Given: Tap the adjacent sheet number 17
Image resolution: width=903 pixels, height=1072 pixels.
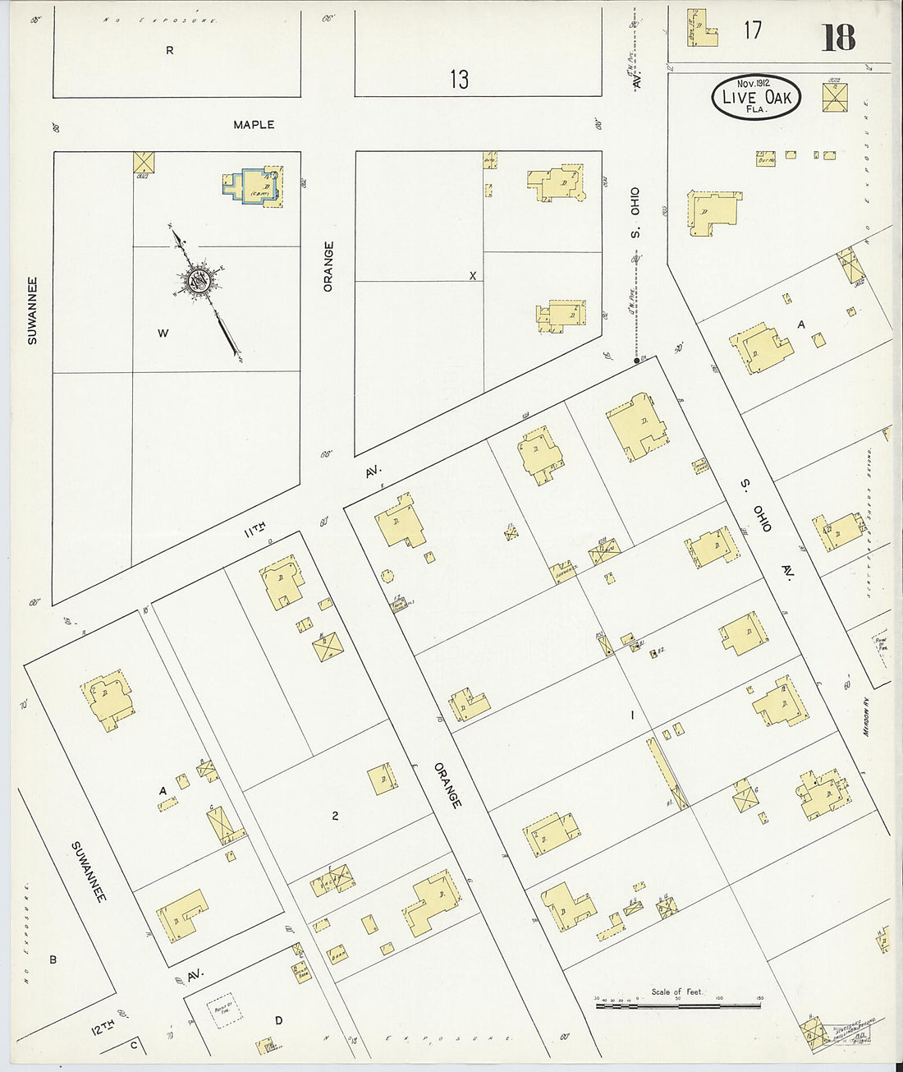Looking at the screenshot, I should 753,30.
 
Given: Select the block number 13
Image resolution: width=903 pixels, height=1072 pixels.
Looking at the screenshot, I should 459,80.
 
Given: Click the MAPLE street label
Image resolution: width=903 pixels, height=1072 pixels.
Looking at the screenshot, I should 254,125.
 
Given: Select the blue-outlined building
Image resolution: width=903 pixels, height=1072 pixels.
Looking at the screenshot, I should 250,182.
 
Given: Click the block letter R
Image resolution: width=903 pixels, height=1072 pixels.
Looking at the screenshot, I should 170,50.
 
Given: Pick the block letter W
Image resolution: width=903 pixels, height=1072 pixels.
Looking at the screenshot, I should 163,334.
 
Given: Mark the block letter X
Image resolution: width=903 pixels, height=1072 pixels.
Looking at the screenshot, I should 472,276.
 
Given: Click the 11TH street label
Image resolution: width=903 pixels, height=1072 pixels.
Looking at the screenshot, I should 254,532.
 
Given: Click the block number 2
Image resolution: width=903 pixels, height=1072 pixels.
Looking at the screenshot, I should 335,816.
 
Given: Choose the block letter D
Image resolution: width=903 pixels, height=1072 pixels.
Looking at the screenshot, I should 278,1021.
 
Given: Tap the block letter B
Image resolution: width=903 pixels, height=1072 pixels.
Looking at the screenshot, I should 53,959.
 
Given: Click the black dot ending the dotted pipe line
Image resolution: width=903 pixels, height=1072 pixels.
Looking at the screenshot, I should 636,360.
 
